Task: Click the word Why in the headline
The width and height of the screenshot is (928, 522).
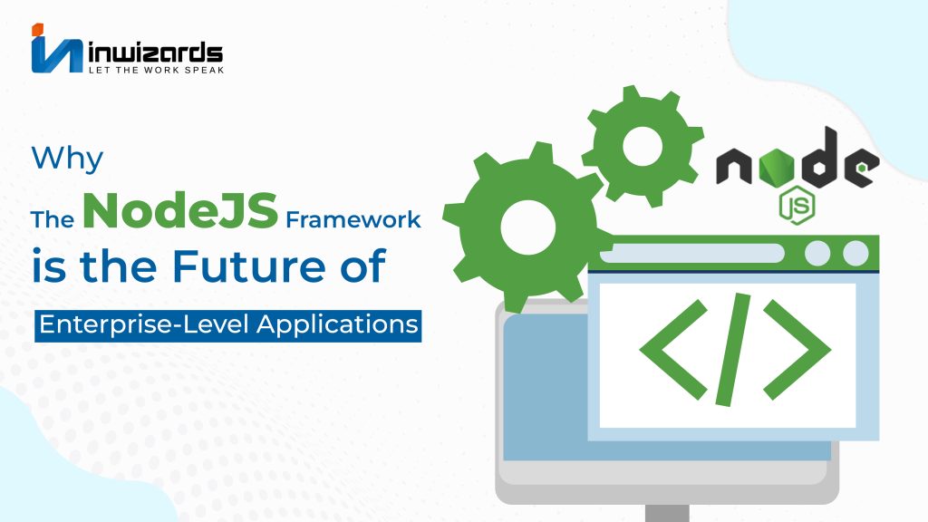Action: point(67,159)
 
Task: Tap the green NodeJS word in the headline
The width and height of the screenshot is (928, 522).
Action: point(180,210)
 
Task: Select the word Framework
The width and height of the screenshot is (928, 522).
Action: point(353,219)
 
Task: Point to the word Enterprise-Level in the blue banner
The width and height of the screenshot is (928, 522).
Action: point(144,325)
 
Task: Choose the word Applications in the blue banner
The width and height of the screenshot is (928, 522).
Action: point(337,325)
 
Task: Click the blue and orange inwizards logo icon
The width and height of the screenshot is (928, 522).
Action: point(56,49)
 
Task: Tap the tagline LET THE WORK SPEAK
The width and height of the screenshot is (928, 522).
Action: point(156,70)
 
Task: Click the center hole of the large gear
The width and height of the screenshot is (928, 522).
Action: point(528,227)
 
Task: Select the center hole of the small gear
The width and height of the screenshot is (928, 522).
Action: point(643,146)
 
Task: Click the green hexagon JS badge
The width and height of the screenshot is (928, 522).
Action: point(797,205)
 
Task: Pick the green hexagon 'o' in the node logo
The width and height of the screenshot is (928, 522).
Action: point(773,166)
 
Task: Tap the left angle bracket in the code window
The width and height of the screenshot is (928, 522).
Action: point(673,349)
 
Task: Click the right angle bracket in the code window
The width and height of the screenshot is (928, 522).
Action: point(797,349)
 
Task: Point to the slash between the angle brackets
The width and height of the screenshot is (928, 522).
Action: point(733,349)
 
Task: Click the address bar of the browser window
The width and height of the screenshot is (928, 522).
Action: point(691,254)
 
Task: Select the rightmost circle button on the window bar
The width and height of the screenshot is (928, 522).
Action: point(855,254)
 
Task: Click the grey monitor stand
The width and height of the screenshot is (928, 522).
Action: point(667,513)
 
